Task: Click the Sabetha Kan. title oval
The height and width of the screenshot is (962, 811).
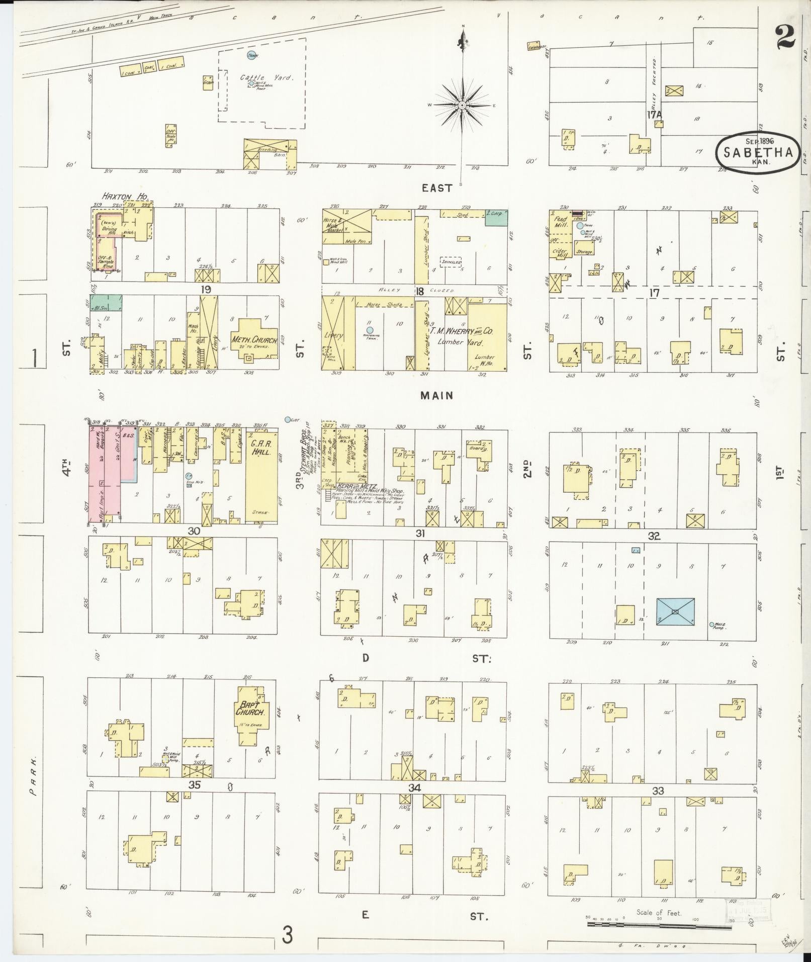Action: (x=758, y=153)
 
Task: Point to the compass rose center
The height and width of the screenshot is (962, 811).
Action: (x=462, y=105)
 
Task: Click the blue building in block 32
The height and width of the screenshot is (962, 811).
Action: (x=675, y=611)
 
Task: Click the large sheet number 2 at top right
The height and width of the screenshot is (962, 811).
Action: (x=785, y=38)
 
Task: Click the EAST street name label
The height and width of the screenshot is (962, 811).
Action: (x=437, y=188)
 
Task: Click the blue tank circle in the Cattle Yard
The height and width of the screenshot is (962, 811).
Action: (x=250, y=55)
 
